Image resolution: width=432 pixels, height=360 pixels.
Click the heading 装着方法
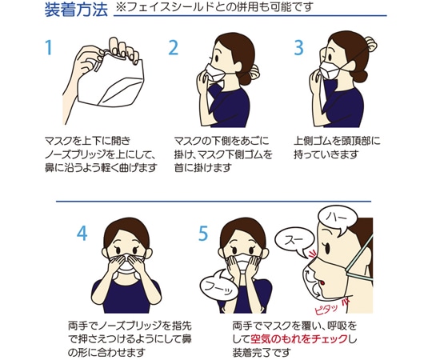click(x=76, y=10)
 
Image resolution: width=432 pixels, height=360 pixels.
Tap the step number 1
click(x=49, y=47)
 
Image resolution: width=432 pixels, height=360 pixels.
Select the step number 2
click(x=174, y=47)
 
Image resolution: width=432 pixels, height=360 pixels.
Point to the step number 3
click(x=299, y=47)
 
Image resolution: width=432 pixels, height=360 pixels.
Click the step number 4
click(x=82, y=234)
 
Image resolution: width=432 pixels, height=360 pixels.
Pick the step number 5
click(x=203, y=234)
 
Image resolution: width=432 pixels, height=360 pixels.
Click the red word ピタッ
click(x=326, y=309)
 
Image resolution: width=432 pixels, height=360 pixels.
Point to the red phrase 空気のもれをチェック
click(x=298, y=338)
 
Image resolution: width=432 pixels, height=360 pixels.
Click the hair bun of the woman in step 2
click(x=253, y=71)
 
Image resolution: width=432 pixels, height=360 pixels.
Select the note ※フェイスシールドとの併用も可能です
click(x=214, y=7)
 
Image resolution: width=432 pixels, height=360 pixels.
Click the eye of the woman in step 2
click(x=216, y=58)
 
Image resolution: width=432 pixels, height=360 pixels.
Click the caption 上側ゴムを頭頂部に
click(x=337, y=141)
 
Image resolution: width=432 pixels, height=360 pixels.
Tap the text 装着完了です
click(x=262, y=352)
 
